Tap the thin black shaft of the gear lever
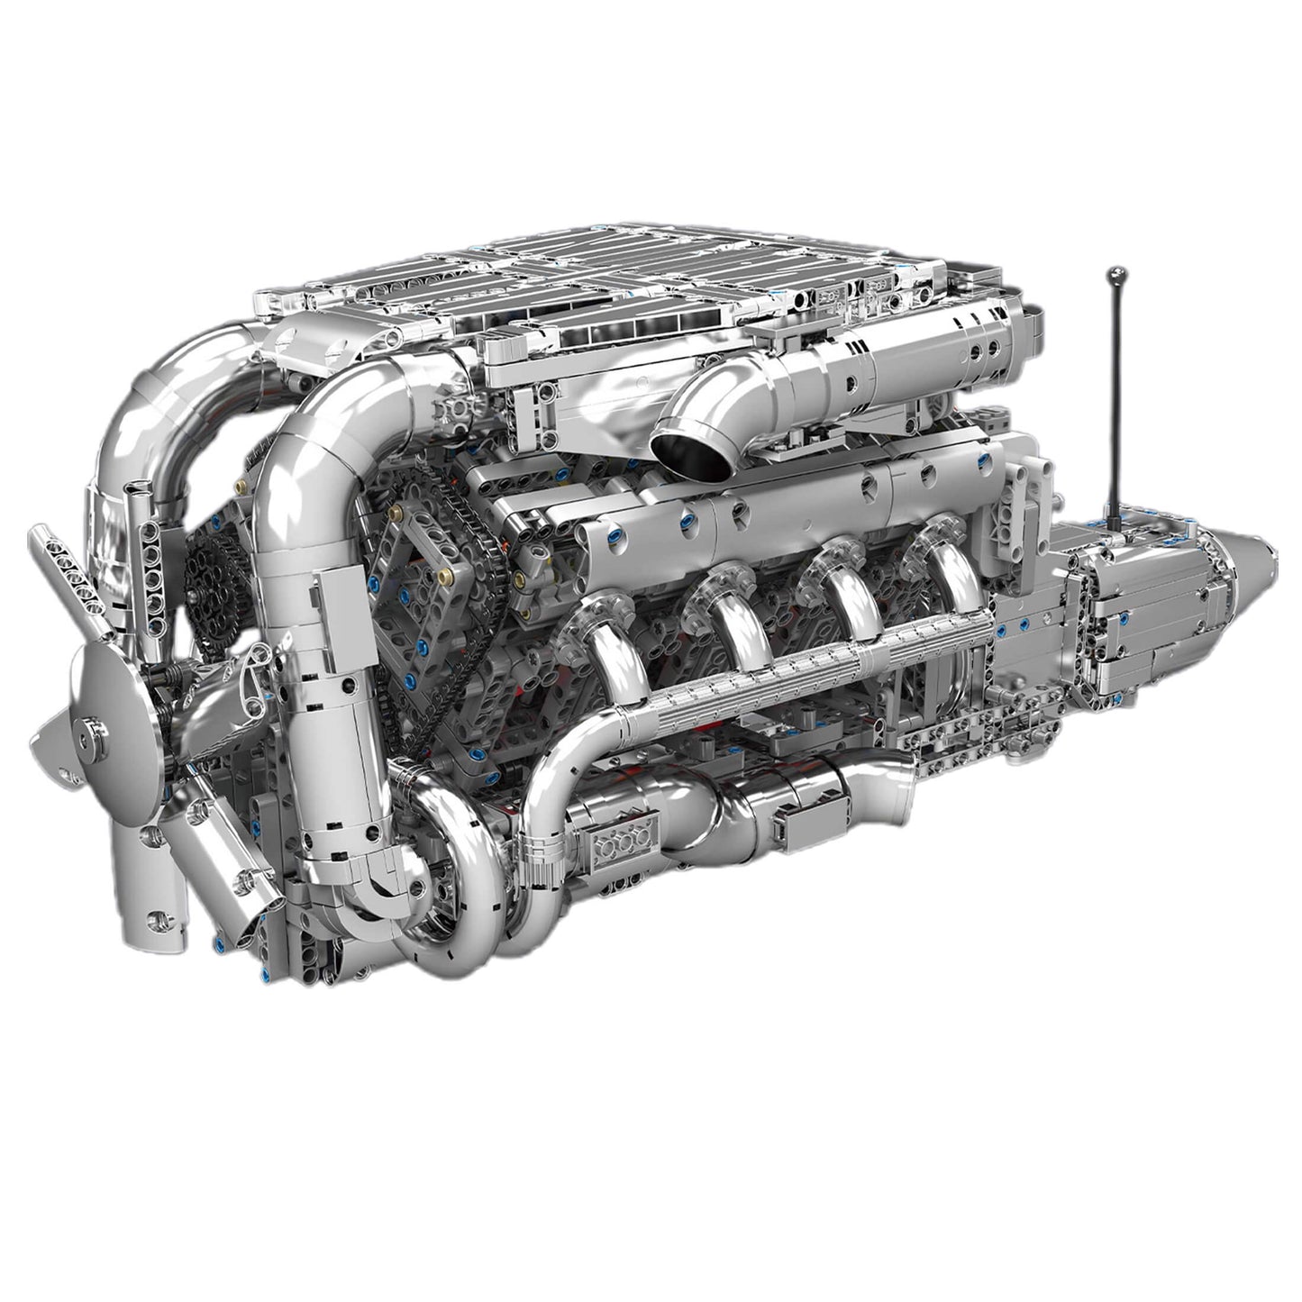[1115, 387]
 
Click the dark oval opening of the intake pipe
[691, 451]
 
